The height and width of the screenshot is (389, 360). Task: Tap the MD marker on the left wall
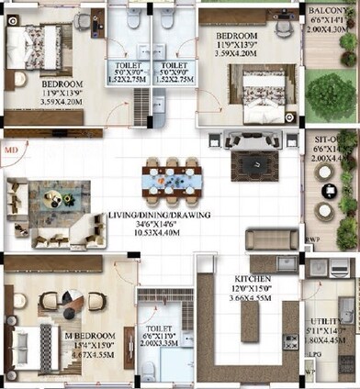pyautogui.click(x=10, y=144)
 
